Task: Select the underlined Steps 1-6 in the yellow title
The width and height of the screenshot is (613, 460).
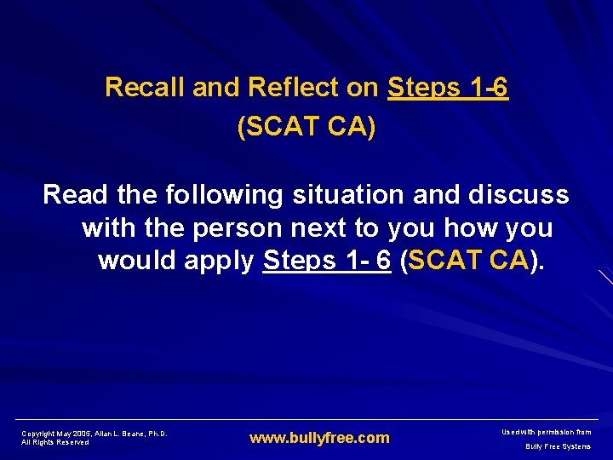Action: tap(448, 88)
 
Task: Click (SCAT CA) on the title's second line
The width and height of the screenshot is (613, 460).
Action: tap(306, 127)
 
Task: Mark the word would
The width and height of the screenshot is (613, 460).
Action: tap(133, 260)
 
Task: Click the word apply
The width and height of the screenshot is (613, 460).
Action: tap(217, 260)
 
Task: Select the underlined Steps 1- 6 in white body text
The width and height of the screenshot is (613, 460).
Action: tap(327, 260)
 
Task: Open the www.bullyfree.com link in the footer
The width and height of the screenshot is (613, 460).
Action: tap(319, 438)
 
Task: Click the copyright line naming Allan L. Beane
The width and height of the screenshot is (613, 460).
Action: tap(94, 434)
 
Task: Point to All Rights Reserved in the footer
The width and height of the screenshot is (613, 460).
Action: tap(55, 442)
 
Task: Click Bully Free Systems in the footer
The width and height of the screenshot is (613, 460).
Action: tap(558, 446)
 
